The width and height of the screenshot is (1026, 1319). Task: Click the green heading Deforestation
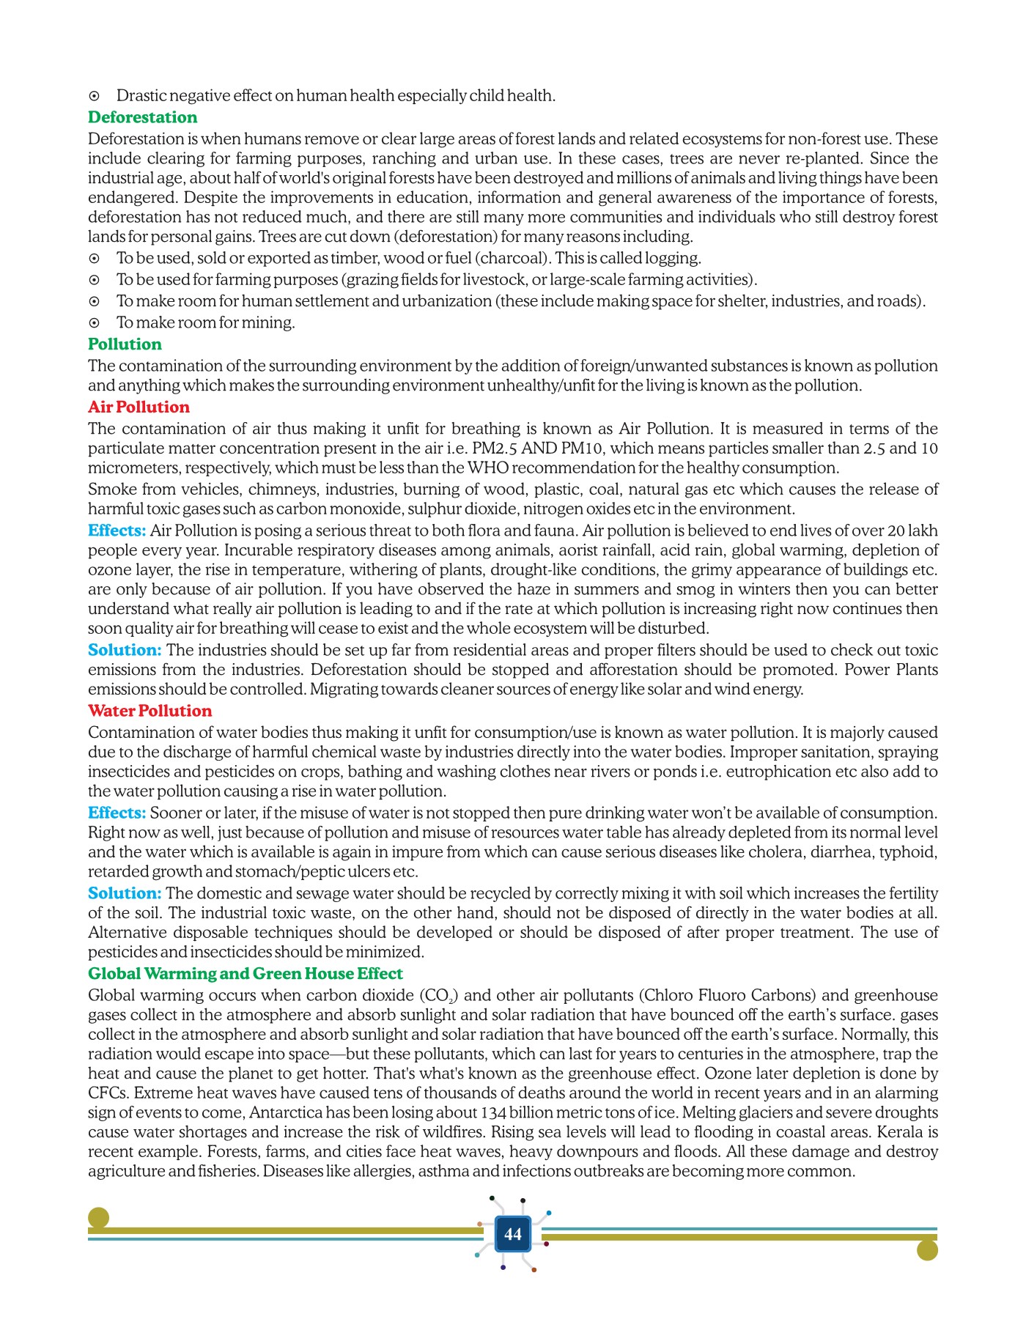pos(142,117)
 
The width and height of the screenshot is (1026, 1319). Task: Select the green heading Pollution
pos(125,344)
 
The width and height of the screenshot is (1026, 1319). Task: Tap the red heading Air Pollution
pos(139,407)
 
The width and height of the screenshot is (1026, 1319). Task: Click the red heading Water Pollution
pos(150,711)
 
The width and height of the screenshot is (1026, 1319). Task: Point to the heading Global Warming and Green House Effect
pos(245,974)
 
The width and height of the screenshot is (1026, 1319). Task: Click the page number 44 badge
pos(513,1235)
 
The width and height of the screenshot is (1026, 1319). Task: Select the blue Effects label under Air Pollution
pos(117,531)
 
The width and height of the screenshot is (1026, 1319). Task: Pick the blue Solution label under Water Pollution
pos(124,894)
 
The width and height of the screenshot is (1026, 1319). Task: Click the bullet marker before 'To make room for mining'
pos(94,322)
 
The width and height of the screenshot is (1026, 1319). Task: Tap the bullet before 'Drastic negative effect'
pos(94,96)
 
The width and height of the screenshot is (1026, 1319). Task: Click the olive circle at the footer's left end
pos(98,1218)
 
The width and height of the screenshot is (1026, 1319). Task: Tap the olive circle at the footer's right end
pos(927,1250)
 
